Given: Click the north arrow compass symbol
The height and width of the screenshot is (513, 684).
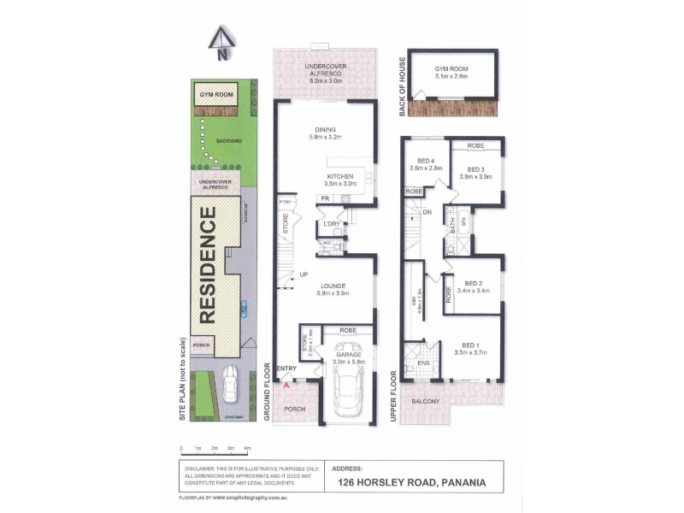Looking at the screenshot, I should pyautogui.click(x=221, y=44).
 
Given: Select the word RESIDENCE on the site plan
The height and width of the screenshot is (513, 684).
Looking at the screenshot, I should pyautogui.click(x=208, y=267).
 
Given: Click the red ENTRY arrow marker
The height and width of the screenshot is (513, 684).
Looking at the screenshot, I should pyautogui.click(x=286, y=386).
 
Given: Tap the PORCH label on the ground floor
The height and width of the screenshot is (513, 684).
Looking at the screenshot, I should pyautogui.click(x=294, y=409).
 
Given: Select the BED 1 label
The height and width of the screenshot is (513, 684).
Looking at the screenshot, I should pyautogui.click(x=471, y=345).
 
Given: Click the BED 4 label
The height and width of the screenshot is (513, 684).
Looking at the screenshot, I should pyautogui.click(x=426, y=161).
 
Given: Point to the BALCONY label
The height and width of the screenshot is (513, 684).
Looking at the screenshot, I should pyautogui.click(x=424, y=401).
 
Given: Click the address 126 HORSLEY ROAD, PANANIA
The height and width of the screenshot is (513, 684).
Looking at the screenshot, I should pyautogui.click(x=413, y=481).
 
